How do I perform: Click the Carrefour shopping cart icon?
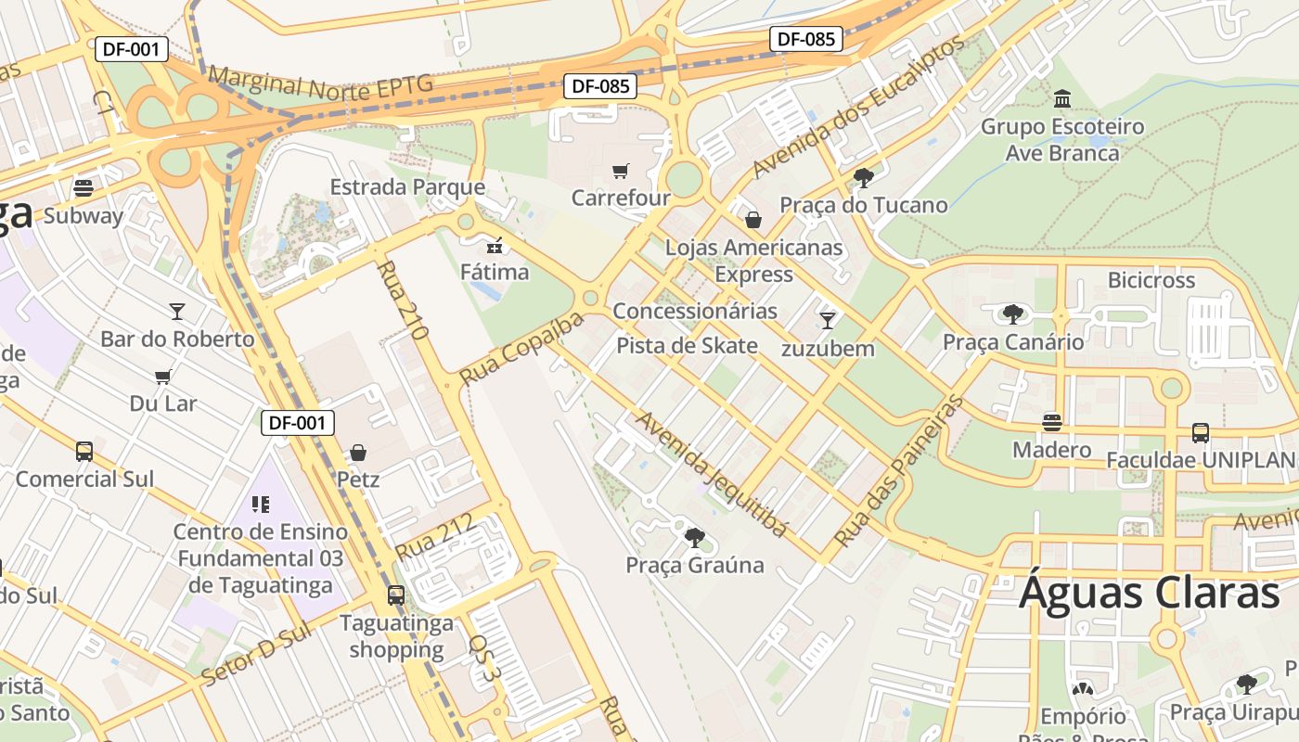[620, 171]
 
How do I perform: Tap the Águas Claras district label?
[1150, 592]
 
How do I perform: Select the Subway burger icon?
[84, 188]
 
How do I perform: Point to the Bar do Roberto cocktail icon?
[176, 311]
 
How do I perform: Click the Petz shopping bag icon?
[358, 453]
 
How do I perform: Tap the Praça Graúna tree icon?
[694, 537]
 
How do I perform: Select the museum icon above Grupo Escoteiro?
[1062, 98]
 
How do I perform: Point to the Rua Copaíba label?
[522, 349]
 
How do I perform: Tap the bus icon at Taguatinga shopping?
[396, 595]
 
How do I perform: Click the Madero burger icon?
[1051, 423]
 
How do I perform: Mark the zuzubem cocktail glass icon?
[828, 321]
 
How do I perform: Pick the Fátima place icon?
[495, 246]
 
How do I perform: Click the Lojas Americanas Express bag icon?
[753, 220]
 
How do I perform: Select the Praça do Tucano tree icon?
[864, 177]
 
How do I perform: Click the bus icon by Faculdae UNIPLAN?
[1200, 432]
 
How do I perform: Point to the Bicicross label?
[1151, 280]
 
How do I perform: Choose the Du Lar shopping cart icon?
[163, 377]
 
